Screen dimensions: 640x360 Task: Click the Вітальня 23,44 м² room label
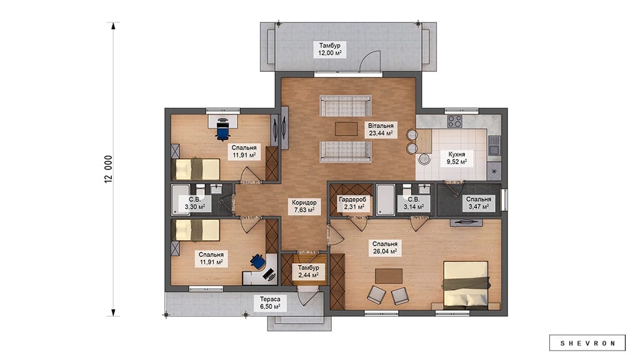point(381,129)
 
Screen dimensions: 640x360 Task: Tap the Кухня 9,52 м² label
point(457,158)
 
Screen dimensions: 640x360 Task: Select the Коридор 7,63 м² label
point(304,206)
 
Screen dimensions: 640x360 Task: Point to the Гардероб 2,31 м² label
point(352,203)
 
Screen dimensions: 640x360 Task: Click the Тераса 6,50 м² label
point(270,302)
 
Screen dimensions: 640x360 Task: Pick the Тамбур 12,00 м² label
point(330,49)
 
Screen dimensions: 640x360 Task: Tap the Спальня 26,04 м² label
point(385,247)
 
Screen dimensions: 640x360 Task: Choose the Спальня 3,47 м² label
point(479,203)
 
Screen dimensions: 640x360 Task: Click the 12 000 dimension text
point(108,169)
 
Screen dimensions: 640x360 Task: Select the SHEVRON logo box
point(587,343)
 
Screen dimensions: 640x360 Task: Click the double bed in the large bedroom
point(466,284)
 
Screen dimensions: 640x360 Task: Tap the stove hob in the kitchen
point(454,121)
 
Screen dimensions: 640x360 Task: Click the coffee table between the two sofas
point(346,129)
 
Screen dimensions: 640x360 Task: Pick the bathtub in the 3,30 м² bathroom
point(180,199)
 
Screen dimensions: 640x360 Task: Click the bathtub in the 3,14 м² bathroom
point(385,199)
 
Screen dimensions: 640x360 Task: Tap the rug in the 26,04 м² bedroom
point(389,276)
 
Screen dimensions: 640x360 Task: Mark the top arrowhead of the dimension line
point(114,26)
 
